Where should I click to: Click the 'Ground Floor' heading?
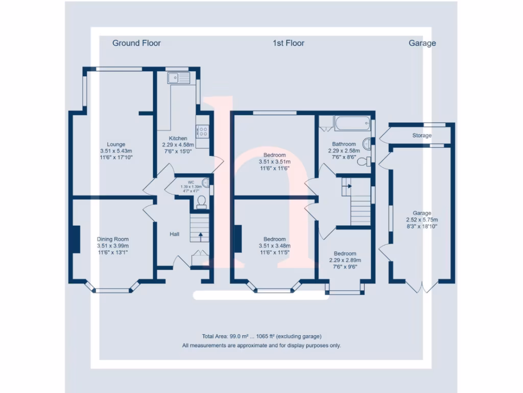click(136, 43)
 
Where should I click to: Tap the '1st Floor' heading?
click(288, 43)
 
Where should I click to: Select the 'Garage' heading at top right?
click(422, 43)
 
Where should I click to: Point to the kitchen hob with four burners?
click(203, 132)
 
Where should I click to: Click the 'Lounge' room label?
click(116, 144)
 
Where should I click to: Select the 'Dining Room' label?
click(113, 239)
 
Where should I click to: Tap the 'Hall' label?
click(175, 234)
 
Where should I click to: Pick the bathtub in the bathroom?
click(352, 123)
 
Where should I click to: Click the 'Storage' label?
click(422, 136)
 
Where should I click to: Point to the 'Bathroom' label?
click(344, 144)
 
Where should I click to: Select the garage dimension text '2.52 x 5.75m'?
click(422, 220)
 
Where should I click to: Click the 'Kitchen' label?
click(178, 138)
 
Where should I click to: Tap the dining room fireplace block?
click(76, 239)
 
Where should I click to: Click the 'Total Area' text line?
click(261, 336)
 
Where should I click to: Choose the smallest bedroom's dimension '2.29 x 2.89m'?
click(345, 260)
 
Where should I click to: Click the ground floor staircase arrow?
click(200, 236)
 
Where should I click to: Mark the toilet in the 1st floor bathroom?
click(363, 162)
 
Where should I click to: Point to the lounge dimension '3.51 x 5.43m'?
click(116, 151)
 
